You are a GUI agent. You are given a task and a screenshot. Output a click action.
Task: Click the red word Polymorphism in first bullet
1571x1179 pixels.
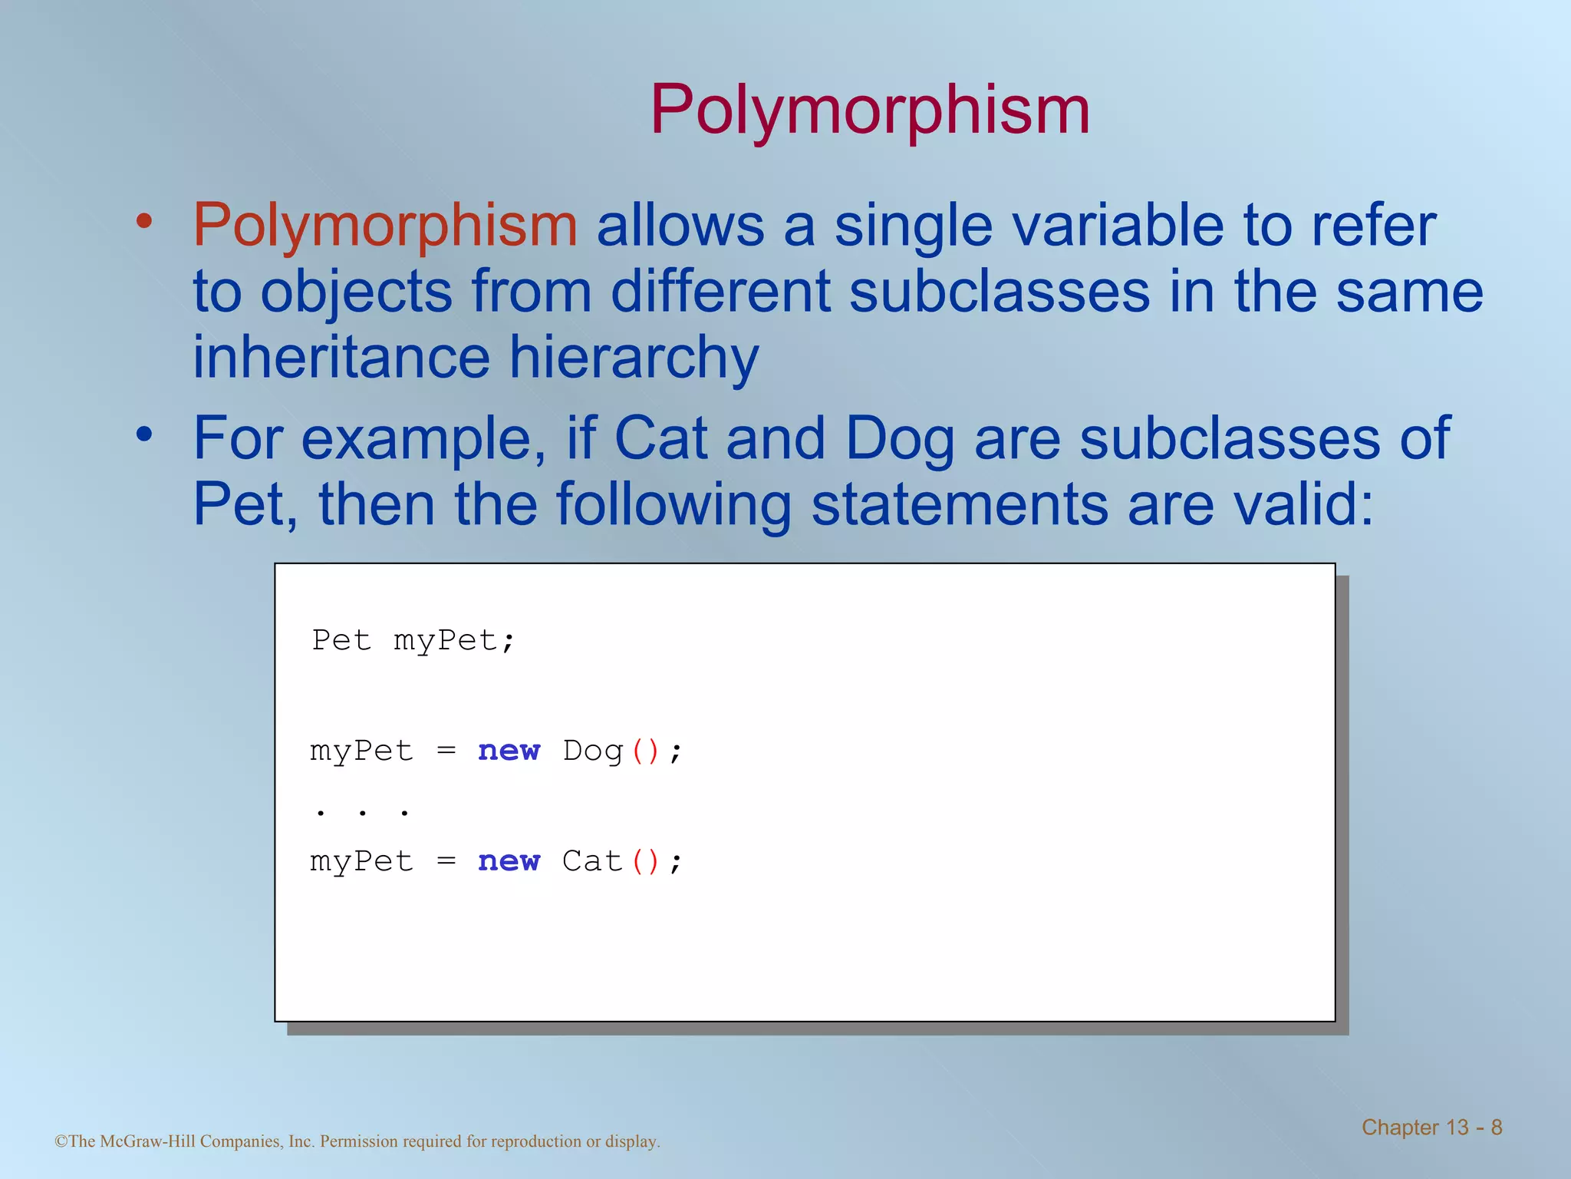click(x=384, y=225)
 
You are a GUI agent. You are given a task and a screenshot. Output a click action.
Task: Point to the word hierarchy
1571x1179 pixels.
click(x=634, y=358)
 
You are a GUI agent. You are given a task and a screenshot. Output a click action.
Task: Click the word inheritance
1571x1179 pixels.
click(x=341, y=358)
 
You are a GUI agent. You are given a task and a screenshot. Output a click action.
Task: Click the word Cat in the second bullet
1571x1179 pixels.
click(x=660, y=438)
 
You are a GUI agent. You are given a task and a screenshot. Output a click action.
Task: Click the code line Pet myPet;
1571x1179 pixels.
click(x=413, y=640)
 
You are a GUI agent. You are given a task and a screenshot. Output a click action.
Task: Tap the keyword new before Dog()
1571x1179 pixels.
click(x=509, y=751)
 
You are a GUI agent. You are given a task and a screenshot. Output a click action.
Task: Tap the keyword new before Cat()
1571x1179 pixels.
click(x=509, y=861)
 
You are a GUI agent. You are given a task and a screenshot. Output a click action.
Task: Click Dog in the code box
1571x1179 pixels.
click(x=593, y=751)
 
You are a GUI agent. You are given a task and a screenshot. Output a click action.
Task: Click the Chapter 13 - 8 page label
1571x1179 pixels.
click(x=1431, y=1128)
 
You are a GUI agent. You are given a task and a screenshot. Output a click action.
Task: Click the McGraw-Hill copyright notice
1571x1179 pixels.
click(x=357, y=1141)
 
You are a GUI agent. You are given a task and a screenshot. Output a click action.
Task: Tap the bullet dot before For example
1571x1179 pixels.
click(x=144, y=434)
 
